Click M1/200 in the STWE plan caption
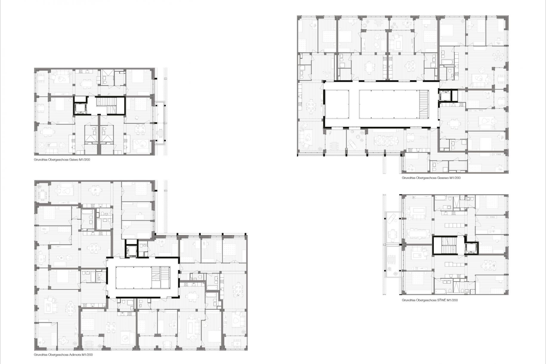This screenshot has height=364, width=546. tap(452, 300)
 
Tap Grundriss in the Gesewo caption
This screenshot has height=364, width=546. tap(408, 178)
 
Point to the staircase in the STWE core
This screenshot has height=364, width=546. tap(445, 245)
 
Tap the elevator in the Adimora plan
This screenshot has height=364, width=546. tap(130, 251)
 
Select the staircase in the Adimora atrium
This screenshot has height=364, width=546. tap(160, 277)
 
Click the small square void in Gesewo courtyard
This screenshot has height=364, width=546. tap(337, 105)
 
